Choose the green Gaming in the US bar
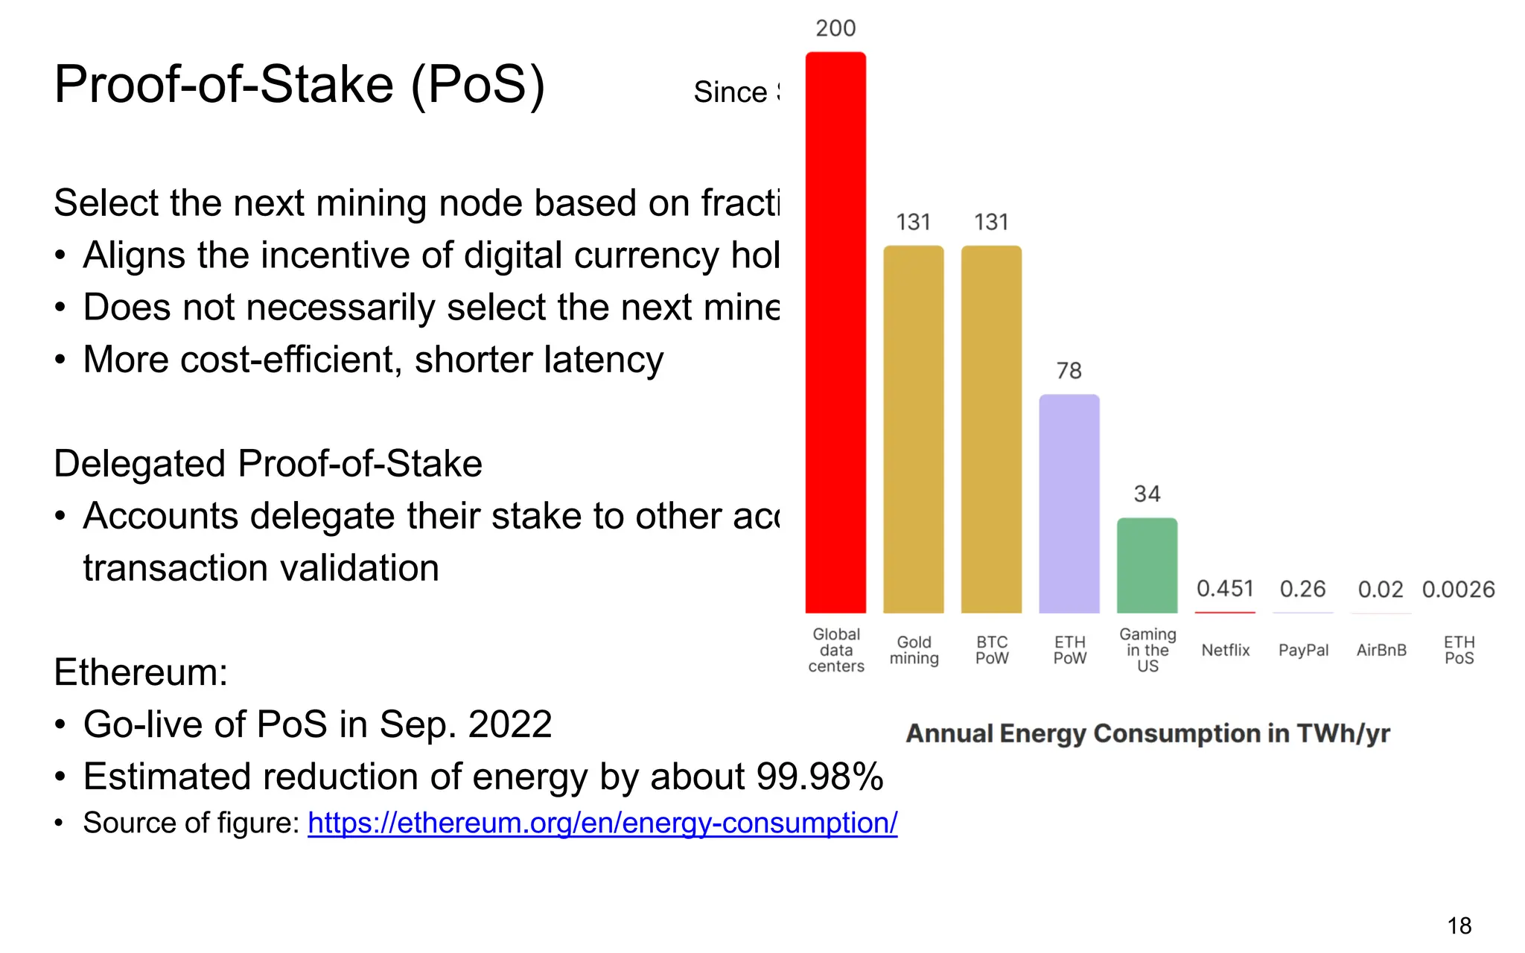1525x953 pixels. pyautogui.click(x=1147, y=565)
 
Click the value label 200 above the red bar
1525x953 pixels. pyautogui.click(x=835, y=28)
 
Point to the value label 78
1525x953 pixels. pyautogui.click(x=1069, y=370)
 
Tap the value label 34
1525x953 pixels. pyautogui.click(x=1147, y=494)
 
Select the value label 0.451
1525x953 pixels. pyautogui.click(x=1225, y=589)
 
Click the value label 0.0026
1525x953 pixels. pyautogui.click(x=1458, y=590)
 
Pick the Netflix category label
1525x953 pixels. pyautogui.click(x=1226, y=650)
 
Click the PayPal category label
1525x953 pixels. pyautogui.click(x=1303, y=650)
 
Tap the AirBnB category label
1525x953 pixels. pyautogui.click(x=1381, y=650)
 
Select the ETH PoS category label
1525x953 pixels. pyautogui.click(x=1459, y=650)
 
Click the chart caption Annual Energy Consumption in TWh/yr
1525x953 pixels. pyautogui.click(x=1147, y=733)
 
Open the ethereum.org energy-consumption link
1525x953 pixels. pyautogui.click(x=602, y=823)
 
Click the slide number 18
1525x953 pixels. pyautogui.click(x=1459, y=925)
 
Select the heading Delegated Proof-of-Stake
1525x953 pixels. pyautogui.click(x=268, y=464)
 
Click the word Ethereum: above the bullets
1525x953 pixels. pyautogui.click(x=141, y=672)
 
